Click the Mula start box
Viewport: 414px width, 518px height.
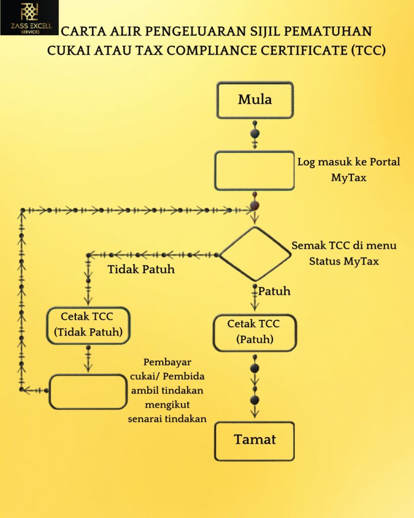(x=255, y=100)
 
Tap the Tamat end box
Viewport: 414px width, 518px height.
(x=254, y=440)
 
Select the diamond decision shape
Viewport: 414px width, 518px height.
(x=255, y=253)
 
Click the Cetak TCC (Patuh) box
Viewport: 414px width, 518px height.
(x=254, y=332)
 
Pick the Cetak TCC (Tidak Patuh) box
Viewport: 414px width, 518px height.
(x=88, y=325)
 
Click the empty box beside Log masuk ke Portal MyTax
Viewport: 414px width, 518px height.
(x=255, y=170)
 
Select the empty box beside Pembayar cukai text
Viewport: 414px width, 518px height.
(x=88, y=391)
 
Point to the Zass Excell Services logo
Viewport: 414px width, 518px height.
(x=29, y=18)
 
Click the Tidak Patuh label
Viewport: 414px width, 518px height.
(x=141, y=269)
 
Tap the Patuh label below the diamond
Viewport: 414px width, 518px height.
(x=274, y=291)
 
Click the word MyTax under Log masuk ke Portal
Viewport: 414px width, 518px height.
(x=349, y=178)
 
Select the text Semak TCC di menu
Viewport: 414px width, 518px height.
(x=344, y=245)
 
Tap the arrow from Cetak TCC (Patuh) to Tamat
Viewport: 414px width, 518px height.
(x=255, y=387)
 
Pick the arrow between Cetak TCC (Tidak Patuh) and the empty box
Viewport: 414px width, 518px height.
(x=88, y=359)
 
